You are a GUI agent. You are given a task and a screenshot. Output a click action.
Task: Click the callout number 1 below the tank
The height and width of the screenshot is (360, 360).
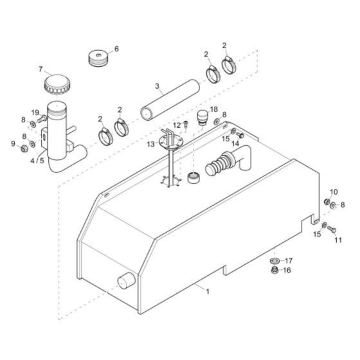[x=207, y=291]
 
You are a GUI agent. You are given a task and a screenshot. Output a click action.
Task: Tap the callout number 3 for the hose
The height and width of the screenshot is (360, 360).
[x=157, y=85]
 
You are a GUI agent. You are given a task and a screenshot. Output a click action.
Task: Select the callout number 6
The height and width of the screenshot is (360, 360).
[x=116, y=49]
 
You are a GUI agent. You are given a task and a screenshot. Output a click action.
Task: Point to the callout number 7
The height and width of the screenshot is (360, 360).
[x=40, y=70]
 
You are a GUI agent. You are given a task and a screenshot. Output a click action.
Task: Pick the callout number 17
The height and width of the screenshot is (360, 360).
[x=289, y=260]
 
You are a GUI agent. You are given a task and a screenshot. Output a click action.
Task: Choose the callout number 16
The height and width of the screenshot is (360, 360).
[x=287, y=271]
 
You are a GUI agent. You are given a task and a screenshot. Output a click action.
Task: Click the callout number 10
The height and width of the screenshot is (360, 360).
[x=333, y=193]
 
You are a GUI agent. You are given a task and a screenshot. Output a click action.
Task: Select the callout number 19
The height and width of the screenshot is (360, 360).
[x=35, y=113]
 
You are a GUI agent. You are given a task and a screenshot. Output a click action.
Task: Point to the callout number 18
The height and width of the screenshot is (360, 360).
[x=214, y=109]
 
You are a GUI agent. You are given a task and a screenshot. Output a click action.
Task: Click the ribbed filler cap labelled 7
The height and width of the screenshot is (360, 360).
[x=56, y=83]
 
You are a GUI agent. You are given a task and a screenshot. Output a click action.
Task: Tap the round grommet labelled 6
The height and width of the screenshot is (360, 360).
[x=100, y=57]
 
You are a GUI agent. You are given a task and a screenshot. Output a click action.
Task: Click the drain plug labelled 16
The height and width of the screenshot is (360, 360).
[x=274, y=271]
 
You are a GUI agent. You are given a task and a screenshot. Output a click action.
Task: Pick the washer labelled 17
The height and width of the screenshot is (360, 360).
[x=274, y=261]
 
